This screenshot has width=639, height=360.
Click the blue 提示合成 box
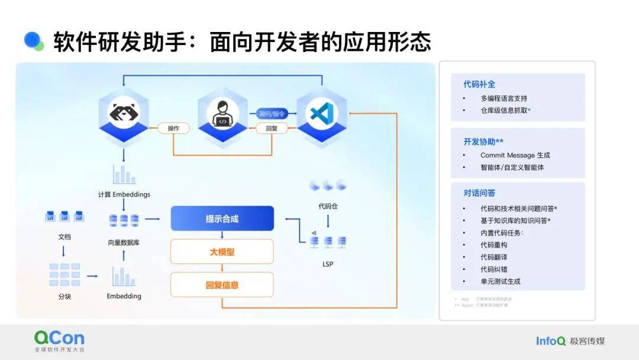tap(222, 218)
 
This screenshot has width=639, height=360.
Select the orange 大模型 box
tap(222, 252)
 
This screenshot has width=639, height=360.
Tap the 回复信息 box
tap(222, 285)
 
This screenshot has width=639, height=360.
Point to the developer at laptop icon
tap(222, 114)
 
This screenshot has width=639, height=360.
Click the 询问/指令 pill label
tap(272, 113)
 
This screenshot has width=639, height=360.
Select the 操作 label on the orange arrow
tap(173, 128)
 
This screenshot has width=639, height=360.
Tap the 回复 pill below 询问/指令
tap(272, 128)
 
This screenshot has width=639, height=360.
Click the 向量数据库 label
tap(124, 242)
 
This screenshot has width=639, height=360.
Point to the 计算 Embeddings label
tap(124, 194)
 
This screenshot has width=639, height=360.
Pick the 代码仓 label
tap(328, 207)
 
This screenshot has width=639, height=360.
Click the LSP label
tap(328, 263)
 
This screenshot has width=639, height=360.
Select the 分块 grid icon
tap(64, 275)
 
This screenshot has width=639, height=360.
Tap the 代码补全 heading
tap(479, 84)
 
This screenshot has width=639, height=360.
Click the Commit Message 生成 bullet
tap(515, 155)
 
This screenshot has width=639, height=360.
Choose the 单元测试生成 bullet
tap(501, 281)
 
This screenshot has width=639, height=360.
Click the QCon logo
tap(59, 339)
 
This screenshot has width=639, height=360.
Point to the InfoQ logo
tap(551, 340)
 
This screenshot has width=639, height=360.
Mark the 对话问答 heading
tap(479, 193)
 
